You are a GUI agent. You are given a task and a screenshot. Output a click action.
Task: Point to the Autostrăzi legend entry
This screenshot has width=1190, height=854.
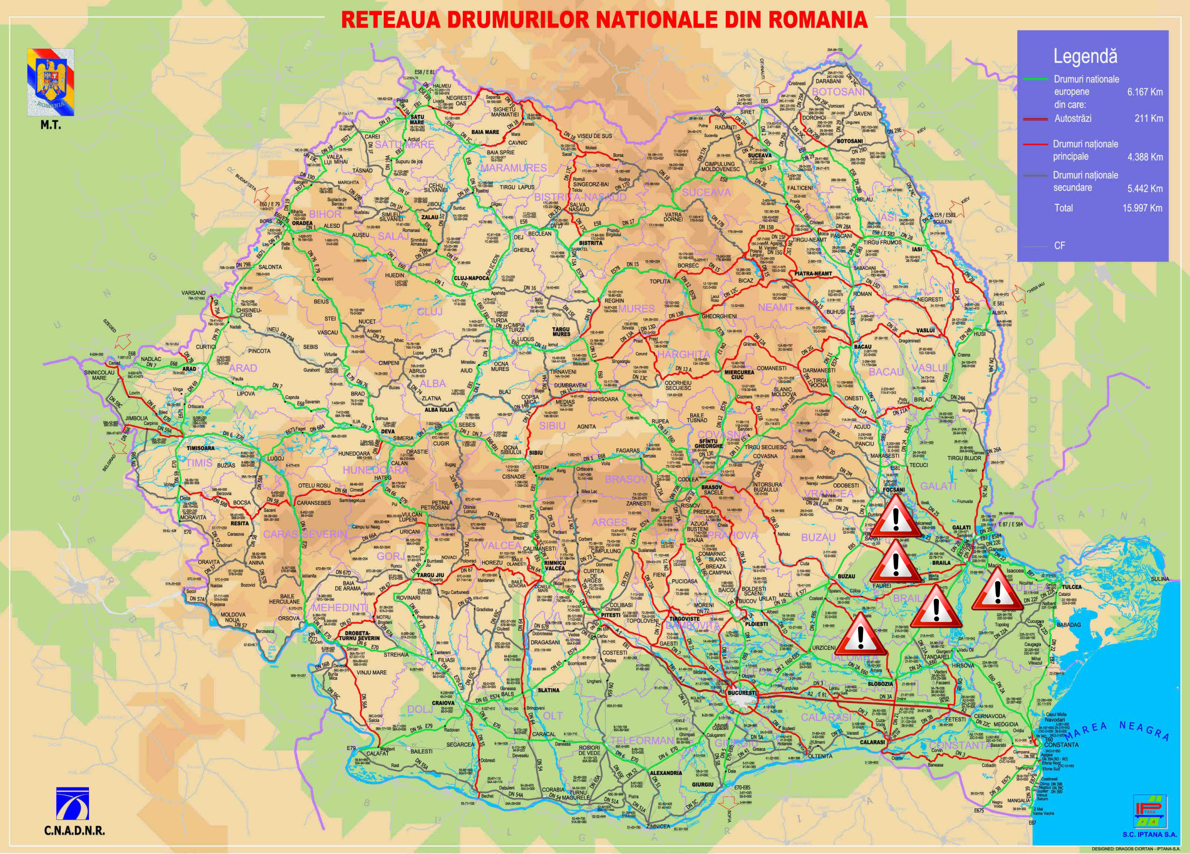click(x=1072, y=119)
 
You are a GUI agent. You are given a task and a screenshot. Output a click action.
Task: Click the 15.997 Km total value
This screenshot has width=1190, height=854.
click(x=1142, y=208)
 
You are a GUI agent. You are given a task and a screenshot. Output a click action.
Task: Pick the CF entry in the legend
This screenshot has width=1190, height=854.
click(x=1060, y=245)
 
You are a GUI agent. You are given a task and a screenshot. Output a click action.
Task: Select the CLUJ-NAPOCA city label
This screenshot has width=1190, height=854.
click(x=471, y=278)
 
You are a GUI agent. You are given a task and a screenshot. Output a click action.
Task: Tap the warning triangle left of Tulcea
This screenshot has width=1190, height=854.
click(x=996, y=592)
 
